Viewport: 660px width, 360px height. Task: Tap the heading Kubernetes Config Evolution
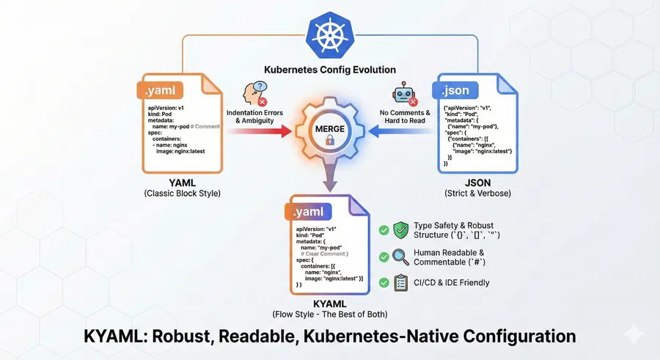tap(329, 70)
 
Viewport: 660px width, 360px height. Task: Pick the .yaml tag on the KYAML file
tap(307, 213)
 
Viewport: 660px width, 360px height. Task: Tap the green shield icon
tap(401, 229)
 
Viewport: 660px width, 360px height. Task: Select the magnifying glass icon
tap(401, 257)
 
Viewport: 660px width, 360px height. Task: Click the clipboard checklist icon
tap(401, 283)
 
